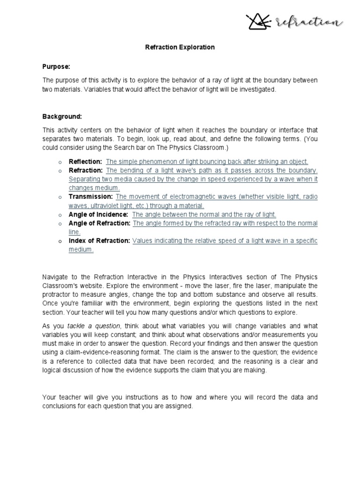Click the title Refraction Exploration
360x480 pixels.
point(180,47)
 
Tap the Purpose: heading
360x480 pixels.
point(56,67)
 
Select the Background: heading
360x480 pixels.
point(62,116)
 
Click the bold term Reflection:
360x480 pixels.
point(85,162)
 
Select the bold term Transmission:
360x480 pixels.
point(90,197)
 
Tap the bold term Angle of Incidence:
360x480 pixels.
point(98,214)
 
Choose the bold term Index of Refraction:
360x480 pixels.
point(99,240)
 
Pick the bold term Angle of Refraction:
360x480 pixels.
point(99,223)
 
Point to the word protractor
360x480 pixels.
point(57,294)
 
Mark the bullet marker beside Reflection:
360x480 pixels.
point(60,162)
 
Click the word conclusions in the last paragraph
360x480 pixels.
point(60,406)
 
